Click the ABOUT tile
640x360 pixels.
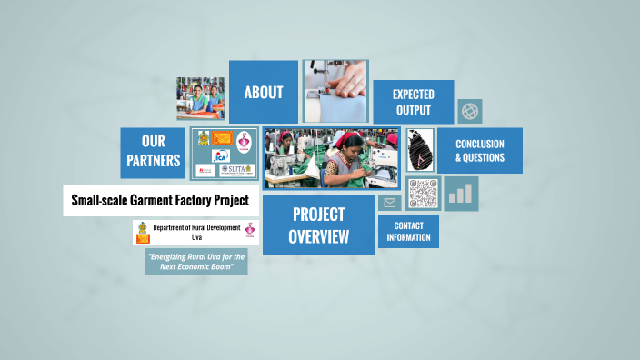(x=264, y=92)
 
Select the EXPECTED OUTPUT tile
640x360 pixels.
(x=413, y=101)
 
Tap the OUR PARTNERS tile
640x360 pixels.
(x=153, y=152)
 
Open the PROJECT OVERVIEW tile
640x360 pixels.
(x=318, y=225)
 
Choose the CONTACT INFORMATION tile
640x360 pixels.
(x=408, y=231)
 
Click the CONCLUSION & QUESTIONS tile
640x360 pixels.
(x=480, y=150)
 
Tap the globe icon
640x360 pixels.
(x=470, y=111)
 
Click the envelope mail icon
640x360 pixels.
(x=390, y=203)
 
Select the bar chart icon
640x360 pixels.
(x=461, y=194)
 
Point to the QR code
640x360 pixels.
(x=423, y=193)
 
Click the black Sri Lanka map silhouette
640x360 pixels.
(x=419, y=149)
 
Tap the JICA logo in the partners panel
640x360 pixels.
(x=221, y=155)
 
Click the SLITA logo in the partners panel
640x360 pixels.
(x=234, y=169)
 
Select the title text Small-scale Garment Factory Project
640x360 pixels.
(x=160, y=200)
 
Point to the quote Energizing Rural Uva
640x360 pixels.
(x=196, y=262)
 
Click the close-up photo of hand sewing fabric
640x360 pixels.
(x=335, y=92)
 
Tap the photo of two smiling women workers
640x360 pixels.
(x=201, y=98)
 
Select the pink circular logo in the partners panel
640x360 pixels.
(x=244, y=141)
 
